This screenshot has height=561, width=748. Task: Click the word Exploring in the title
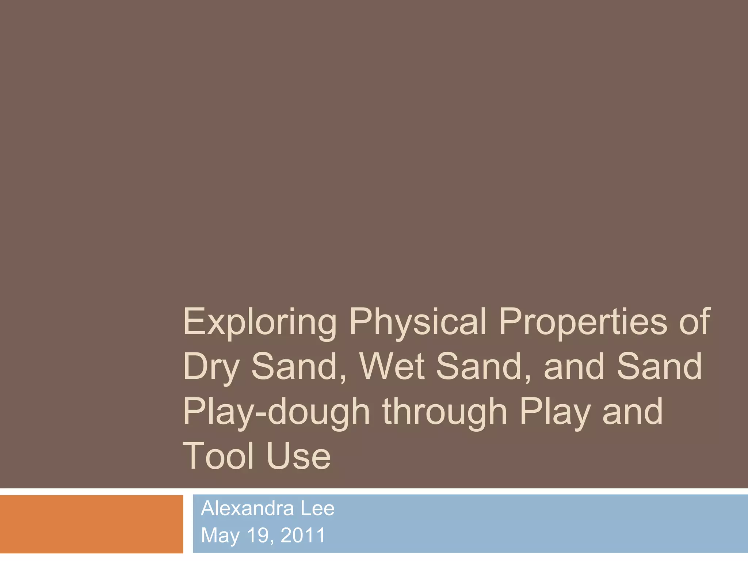point(260,323)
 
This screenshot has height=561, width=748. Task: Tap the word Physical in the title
point(418,323)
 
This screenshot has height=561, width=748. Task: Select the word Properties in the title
point(583,323)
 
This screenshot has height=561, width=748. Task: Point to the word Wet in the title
point(392,366)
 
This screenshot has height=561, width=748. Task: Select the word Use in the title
point(298,456)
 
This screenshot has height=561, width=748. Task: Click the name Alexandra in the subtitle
point(247,508)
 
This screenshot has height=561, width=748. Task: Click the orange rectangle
point(91,524)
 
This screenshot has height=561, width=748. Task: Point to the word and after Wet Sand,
point(574,366)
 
